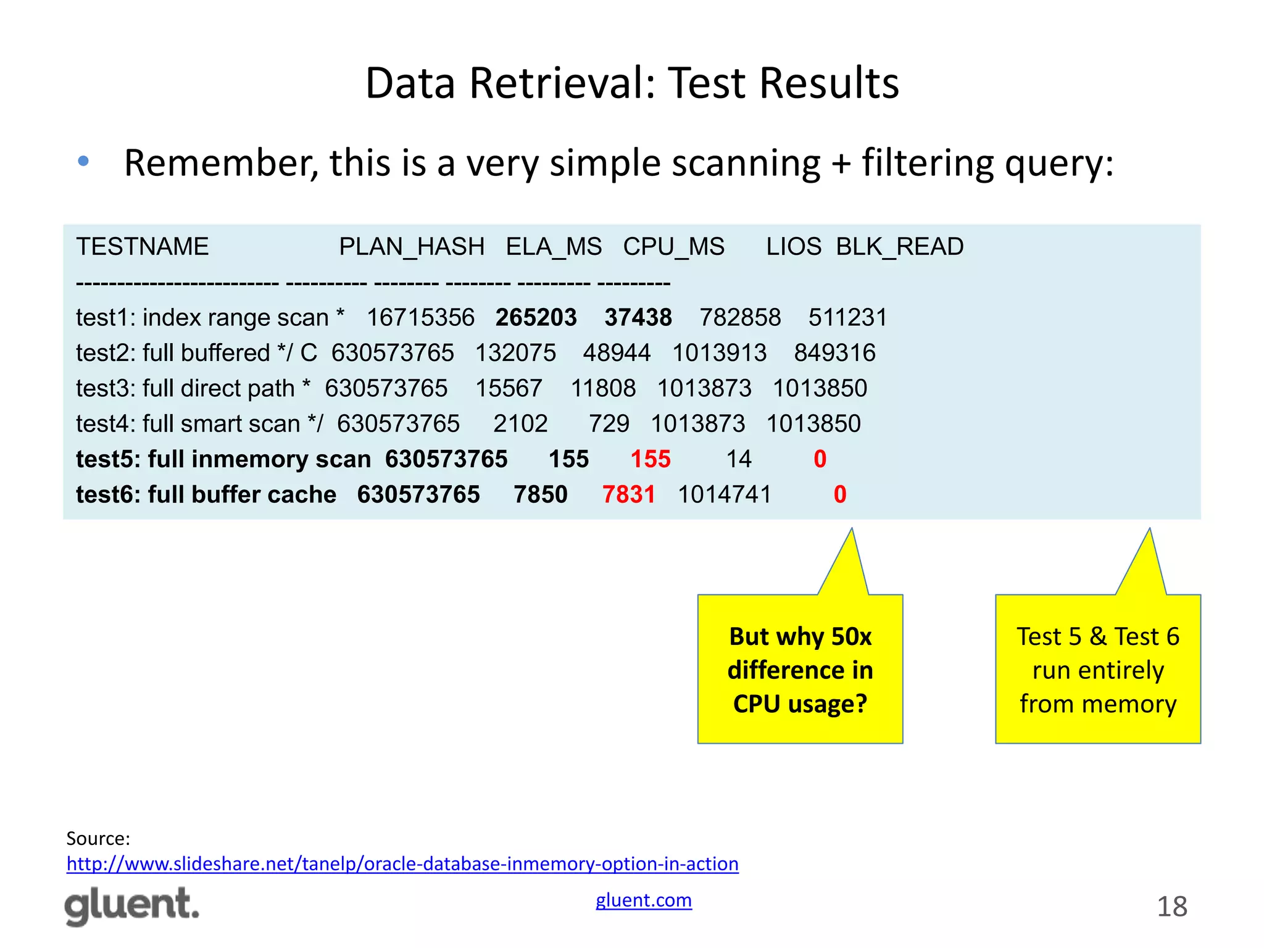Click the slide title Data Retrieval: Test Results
point(632,83)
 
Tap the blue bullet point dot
point(83,162)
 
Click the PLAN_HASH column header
point(412,247)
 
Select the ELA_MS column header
point(554,247)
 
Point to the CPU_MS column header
point(673,247)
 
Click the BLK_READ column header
point(899,247)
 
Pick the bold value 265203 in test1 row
point(536,318)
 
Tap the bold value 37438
point(638,318)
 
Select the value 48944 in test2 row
point(617,353)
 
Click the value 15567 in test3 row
point(509,389)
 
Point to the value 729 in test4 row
point(609,424)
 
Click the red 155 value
point(651,459)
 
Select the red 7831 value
point(628,494)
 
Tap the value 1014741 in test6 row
point(725,494)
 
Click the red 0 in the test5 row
point(820,459)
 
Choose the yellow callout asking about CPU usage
point(800,669)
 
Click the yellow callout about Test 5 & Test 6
point(1097,669)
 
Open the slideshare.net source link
point(402,863)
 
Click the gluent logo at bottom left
point(132,906)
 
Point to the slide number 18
point(1171,907)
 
